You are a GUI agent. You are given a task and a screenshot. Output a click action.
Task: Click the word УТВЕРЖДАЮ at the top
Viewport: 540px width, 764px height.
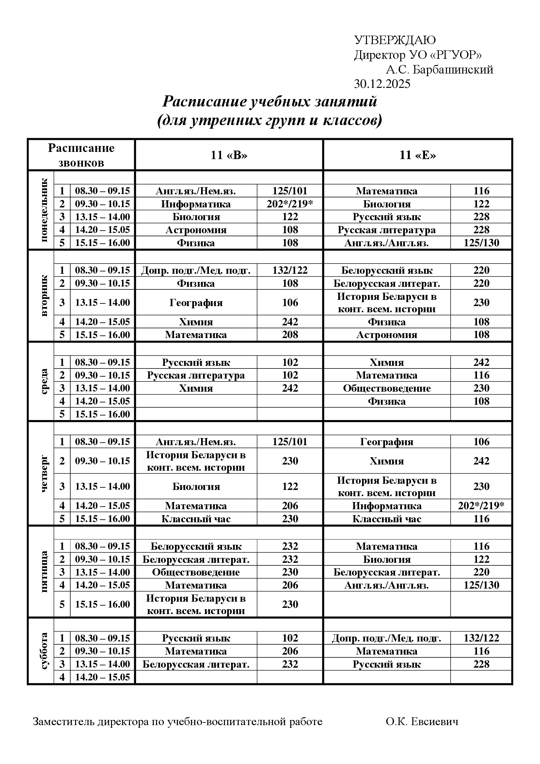pos(395,40)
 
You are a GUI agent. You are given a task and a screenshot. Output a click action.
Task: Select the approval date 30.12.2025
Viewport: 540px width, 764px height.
pos(382,84)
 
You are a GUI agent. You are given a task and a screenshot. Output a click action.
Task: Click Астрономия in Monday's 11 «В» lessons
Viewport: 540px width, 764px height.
pos(196,230)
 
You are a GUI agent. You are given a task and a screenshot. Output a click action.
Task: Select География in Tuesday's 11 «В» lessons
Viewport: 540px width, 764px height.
pos(196,302)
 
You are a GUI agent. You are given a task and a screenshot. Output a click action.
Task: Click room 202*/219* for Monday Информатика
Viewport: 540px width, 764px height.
pos(290,204)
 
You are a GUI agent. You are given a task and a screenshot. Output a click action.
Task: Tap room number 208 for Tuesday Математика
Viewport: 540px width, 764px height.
pos(290,335)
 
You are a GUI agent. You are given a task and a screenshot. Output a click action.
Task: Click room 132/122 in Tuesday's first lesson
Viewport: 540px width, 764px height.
pos(290,270)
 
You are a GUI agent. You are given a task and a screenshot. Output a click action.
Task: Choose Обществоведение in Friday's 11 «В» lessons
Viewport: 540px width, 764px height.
pos(196,572)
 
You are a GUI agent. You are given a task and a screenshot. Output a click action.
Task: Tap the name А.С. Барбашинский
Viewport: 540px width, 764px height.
pos(439,70)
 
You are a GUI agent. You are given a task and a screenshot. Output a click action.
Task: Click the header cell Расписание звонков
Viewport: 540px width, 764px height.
pos(81,155)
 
